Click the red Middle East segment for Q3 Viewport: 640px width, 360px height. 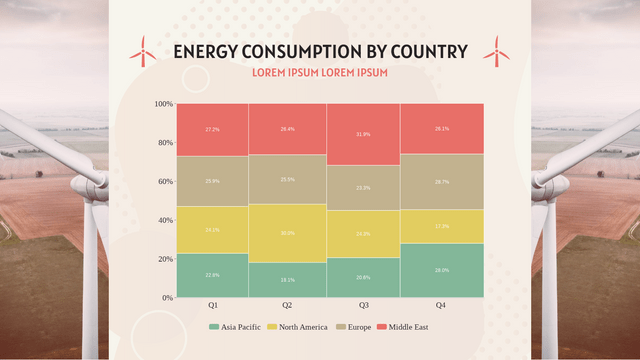point(363,135)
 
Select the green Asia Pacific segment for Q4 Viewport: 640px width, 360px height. point(442,270)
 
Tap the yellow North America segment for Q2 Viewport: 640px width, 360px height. point(287,233)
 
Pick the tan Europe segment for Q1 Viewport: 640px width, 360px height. point(212,181)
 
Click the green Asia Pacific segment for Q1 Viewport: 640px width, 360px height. point(212,275)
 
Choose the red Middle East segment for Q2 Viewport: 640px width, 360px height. point(287,129)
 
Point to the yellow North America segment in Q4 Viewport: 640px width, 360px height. point(442,226)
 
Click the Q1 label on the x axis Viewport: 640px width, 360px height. point(213,305)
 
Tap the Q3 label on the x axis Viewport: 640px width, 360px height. point(363,305)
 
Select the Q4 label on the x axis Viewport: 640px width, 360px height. point(441,305)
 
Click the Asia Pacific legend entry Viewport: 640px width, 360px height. point(236,327)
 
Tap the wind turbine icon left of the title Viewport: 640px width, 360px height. point(143,51)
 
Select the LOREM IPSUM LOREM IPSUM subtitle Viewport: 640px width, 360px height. point(319,73)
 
